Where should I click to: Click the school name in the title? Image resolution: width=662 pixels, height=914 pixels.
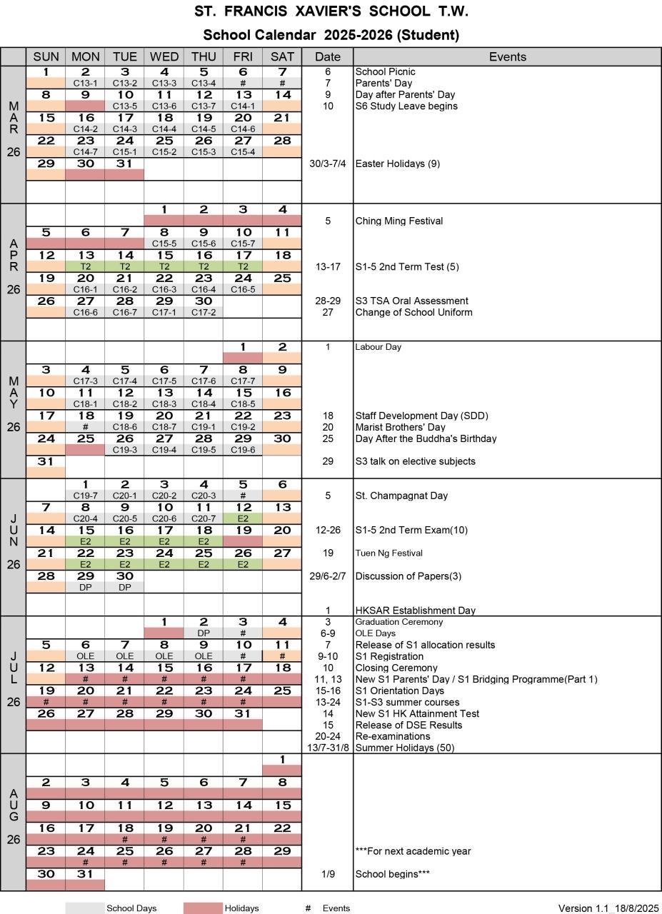click(331, 11)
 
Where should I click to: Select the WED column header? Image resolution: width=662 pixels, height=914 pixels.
click(164, 56)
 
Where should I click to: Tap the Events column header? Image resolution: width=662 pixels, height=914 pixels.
click(507, 56)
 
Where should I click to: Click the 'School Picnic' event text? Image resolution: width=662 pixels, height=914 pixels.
click(385, 71)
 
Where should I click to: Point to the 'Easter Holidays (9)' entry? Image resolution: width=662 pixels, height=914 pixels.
click(397, 164)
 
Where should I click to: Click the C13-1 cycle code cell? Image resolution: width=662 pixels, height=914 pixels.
click(85, 83)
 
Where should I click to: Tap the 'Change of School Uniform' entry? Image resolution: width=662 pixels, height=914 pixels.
click(413, 312)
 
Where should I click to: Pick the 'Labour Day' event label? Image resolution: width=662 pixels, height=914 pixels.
click(378, 347)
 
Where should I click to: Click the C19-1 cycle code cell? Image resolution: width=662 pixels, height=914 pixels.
click(203, 426)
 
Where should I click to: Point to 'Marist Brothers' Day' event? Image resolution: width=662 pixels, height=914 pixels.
click(400, 427)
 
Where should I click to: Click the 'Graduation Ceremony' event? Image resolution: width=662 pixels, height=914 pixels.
click(398, 622)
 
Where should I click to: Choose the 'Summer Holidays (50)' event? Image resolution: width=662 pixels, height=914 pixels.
click(405, 748)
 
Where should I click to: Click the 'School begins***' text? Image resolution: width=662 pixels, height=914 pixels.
click(392, 874)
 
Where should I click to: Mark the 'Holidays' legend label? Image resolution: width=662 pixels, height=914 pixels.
click(241, 908)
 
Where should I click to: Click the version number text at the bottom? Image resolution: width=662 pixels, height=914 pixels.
click(608, 908)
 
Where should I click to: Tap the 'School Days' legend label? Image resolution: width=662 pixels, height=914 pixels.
click(131, 908)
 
